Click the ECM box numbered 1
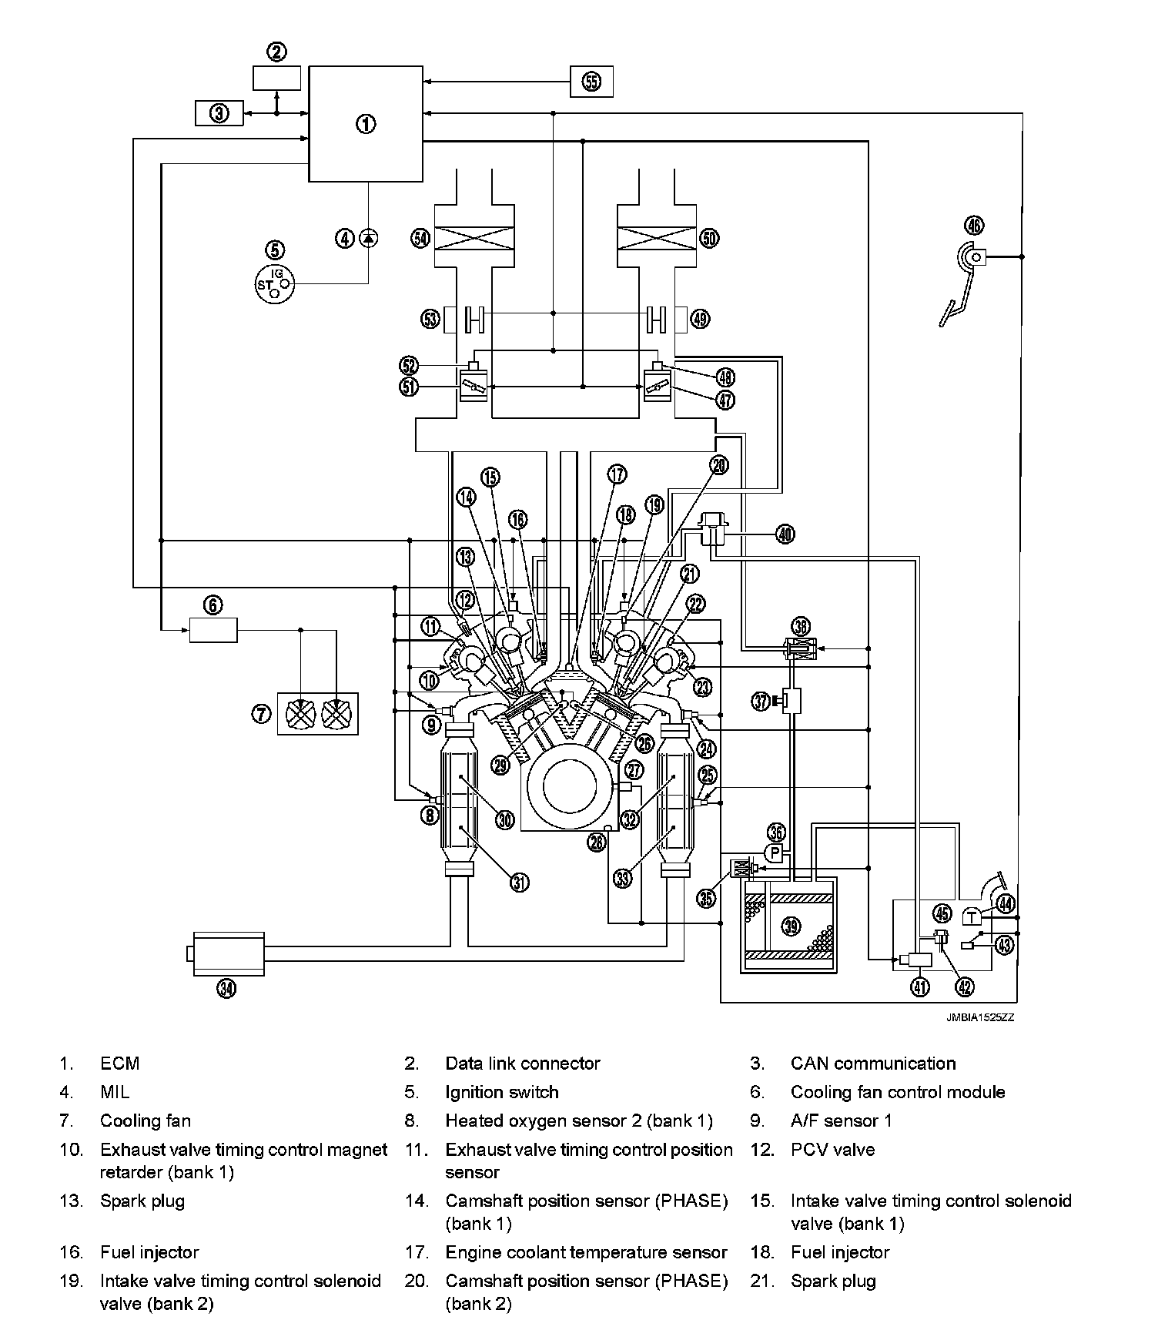pos(365,123)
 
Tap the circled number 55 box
pos(591,82)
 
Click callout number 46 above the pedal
pos(974,226)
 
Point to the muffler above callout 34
pos(228,954)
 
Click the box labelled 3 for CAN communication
pos(219,114)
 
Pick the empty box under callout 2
pos(276,79)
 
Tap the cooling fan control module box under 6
pos(213,630)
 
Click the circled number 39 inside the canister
pos(791,926)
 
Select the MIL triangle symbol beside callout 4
pos(369,238)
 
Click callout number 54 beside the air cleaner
pos(420,238)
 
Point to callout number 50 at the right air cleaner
pos(709,238)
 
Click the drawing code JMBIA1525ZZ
pos(980,1017)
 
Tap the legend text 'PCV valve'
pos(832,1150)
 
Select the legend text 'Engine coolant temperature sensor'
pos(586,1253)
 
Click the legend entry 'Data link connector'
pos(523,1064)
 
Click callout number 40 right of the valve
pos(785,534)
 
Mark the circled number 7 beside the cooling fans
pos(261,714)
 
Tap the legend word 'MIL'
pos(115,1092)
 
